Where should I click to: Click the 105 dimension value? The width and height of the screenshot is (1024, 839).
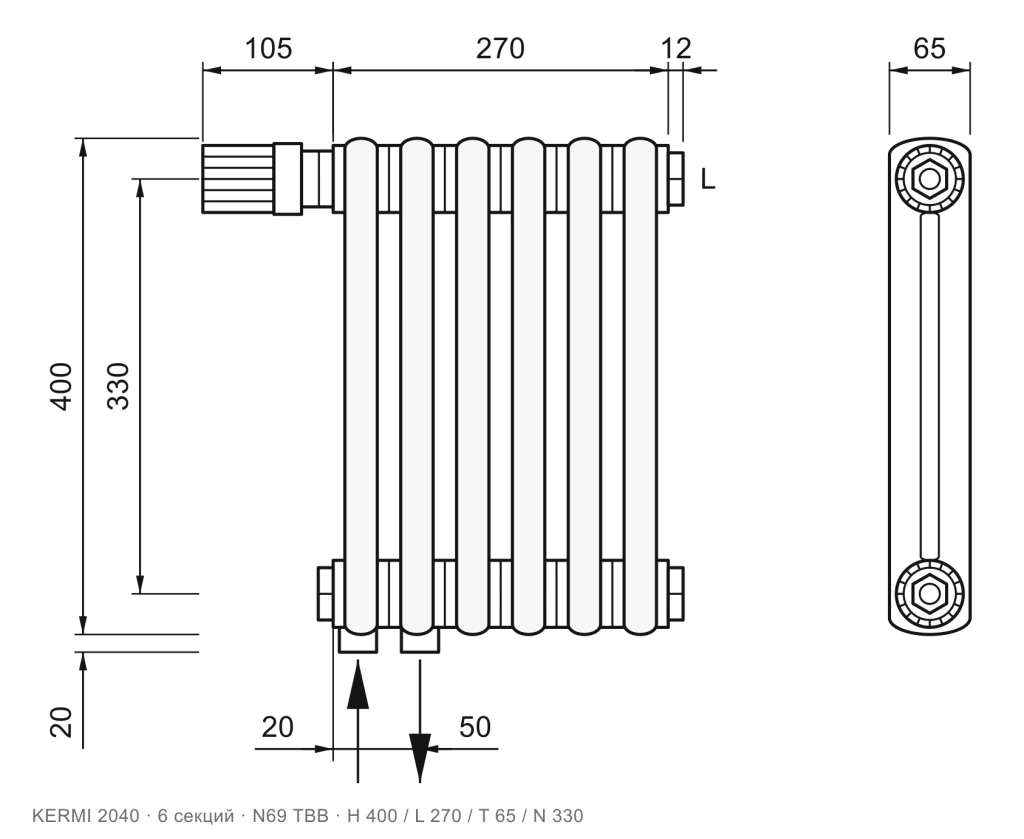pos(268,48)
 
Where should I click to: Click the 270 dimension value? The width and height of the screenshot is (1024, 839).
pos(500,48)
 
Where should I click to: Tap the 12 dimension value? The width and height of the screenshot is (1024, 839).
pos(676,48)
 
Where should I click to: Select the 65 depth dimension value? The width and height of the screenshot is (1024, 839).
pos(929,48)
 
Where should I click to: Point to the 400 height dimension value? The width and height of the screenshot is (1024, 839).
pos(61,387)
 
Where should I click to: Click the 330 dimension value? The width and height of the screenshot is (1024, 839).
pos(118,386)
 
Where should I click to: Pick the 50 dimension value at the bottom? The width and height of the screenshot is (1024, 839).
pos(475,727)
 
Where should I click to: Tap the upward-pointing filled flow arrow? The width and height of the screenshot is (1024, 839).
pos(357,684)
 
